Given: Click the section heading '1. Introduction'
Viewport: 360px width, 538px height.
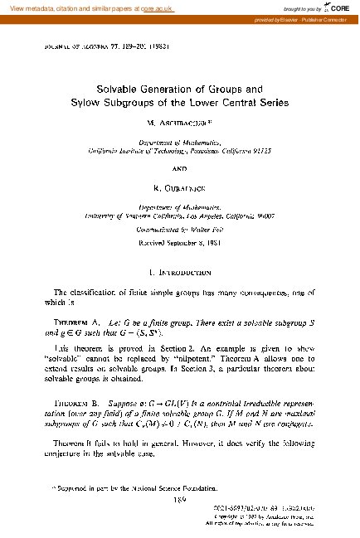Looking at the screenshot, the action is pyautogui.click(x=179, y=271).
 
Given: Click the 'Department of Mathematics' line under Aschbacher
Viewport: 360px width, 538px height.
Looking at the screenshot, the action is pyautogui.click(x=179, y=143).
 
